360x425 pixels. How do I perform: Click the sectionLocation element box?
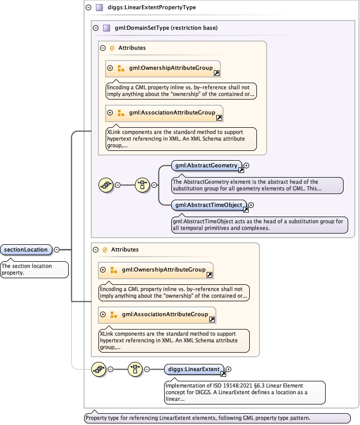[26, 250]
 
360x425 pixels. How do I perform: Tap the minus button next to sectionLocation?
[57, 250]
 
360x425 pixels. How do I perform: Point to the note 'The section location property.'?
[34, 269]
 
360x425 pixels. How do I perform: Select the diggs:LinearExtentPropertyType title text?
[152, 8]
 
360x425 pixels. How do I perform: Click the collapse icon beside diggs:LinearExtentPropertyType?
[88, 8]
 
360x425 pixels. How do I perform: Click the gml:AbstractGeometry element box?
[206, 166]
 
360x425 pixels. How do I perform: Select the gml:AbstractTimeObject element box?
[209, 205]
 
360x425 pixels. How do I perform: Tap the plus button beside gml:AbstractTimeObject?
[251, 205]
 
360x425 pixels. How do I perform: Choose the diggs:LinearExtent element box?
[193, 369]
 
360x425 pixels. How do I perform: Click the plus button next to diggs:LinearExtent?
[229, 369]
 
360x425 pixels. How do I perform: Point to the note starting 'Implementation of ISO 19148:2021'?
[244, 392]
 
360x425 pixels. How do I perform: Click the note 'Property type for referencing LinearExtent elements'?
[217, 418]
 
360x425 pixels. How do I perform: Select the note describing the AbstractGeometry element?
[256, 185]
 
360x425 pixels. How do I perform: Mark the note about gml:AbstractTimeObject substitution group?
[259, 225]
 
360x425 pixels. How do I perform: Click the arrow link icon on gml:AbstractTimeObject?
[246, 209]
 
